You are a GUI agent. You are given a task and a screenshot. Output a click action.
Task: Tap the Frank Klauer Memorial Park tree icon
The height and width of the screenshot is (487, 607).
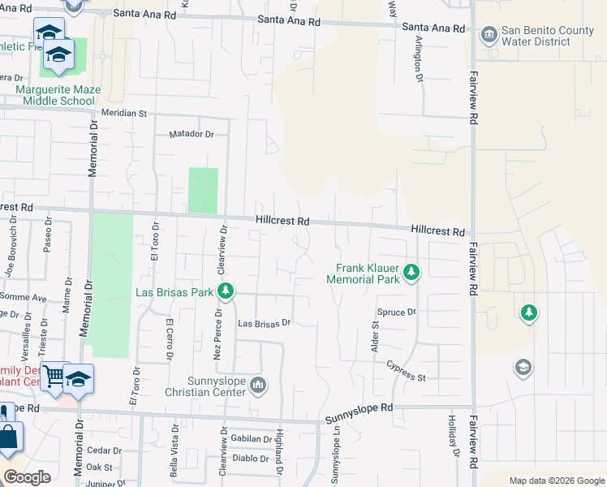pyautogui.click(x=411, y=271)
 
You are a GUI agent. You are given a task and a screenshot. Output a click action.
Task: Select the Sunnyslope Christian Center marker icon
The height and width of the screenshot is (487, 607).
pyautogui.click(x=258, y=384)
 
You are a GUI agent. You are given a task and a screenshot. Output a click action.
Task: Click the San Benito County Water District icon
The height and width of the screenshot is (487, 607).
pyautogui.click(x=489, y=34)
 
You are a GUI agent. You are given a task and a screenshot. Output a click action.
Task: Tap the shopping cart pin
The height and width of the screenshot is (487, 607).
pyautogui.click(x=54, y=376)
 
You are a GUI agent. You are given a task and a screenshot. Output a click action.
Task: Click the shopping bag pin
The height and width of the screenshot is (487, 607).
pyautogui.click(x=7, y=437)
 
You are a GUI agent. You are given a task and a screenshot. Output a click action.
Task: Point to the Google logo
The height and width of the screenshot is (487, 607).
pyautogui.click(x=28, y=477)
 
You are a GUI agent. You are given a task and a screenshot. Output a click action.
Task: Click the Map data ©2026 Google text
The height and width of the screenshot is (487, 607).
pyautogui.click(x=556, y=481)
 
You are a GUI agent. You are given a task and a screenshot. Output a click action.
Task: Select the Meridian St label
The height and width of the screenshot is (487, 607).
pyautogui.click(x=123, y=114)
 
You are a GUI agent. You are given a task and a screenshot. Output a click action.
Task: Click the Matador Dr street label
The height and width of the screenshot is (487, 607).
pyautogui.click(x=191, y=134)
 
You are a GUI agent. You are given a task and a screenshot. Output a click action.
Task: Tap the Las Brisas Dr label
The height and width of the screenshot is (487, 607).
pyautogui.click(x=264, y=323)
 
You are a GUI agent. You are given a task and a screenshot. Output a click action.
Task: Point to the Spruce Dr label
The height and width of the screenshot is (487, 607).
pyautogui.click(x=397, y=312)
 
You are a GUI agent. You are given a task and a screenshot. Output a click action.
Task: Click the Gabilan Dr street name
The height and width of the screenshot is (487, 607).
pyautogui.click(x=251, y=438)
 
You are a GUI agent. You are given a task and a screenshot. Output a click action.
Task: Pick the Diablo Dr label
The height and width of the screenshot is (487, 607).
pyautogui.click(x=251, y=457)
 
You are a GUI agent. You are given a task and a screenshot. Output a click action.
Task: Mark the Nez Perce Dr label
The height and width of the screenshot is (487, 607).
pyautogui.click(x=217, y=333)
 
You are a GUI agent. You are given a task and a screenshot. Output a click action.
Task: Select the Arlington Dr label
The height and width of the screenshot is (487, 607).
pyautogui.click(x=419, y=58)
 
